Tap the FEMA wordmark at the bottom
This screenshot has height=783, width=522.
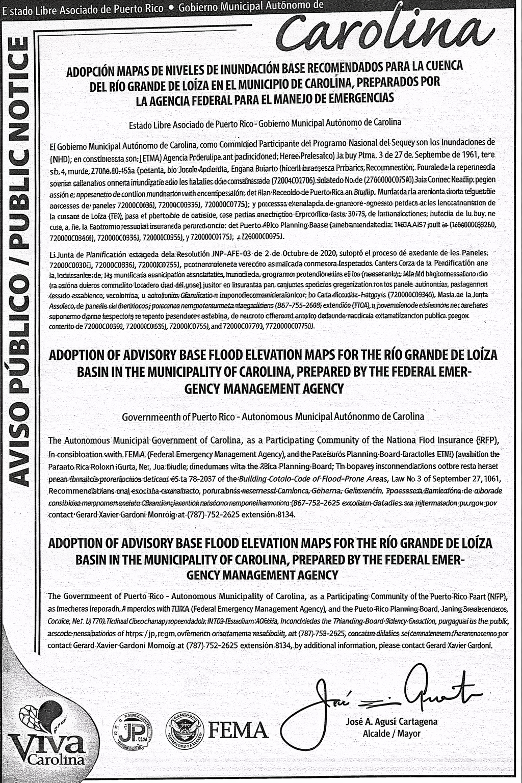pos(239,729)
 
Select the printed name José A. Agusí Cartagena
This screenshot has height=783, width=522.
pos(391,722)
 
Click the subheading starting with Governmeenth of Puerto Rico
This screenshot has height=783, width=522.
pos(273,416)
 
